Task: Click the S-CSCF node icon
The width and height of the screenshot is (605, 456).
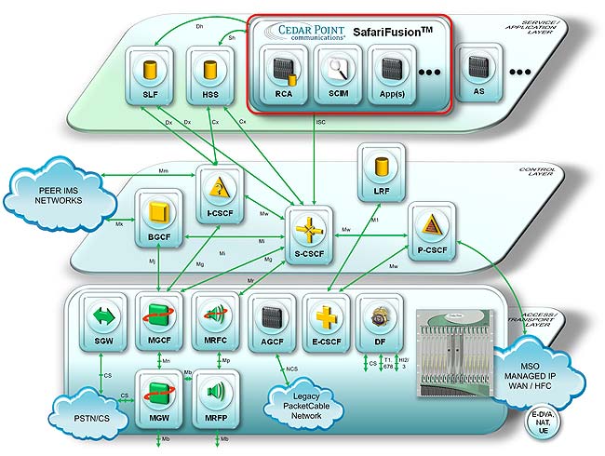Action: coord(308,231)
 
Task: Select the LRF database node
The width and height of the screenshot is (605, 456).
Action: coord(380,168)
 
